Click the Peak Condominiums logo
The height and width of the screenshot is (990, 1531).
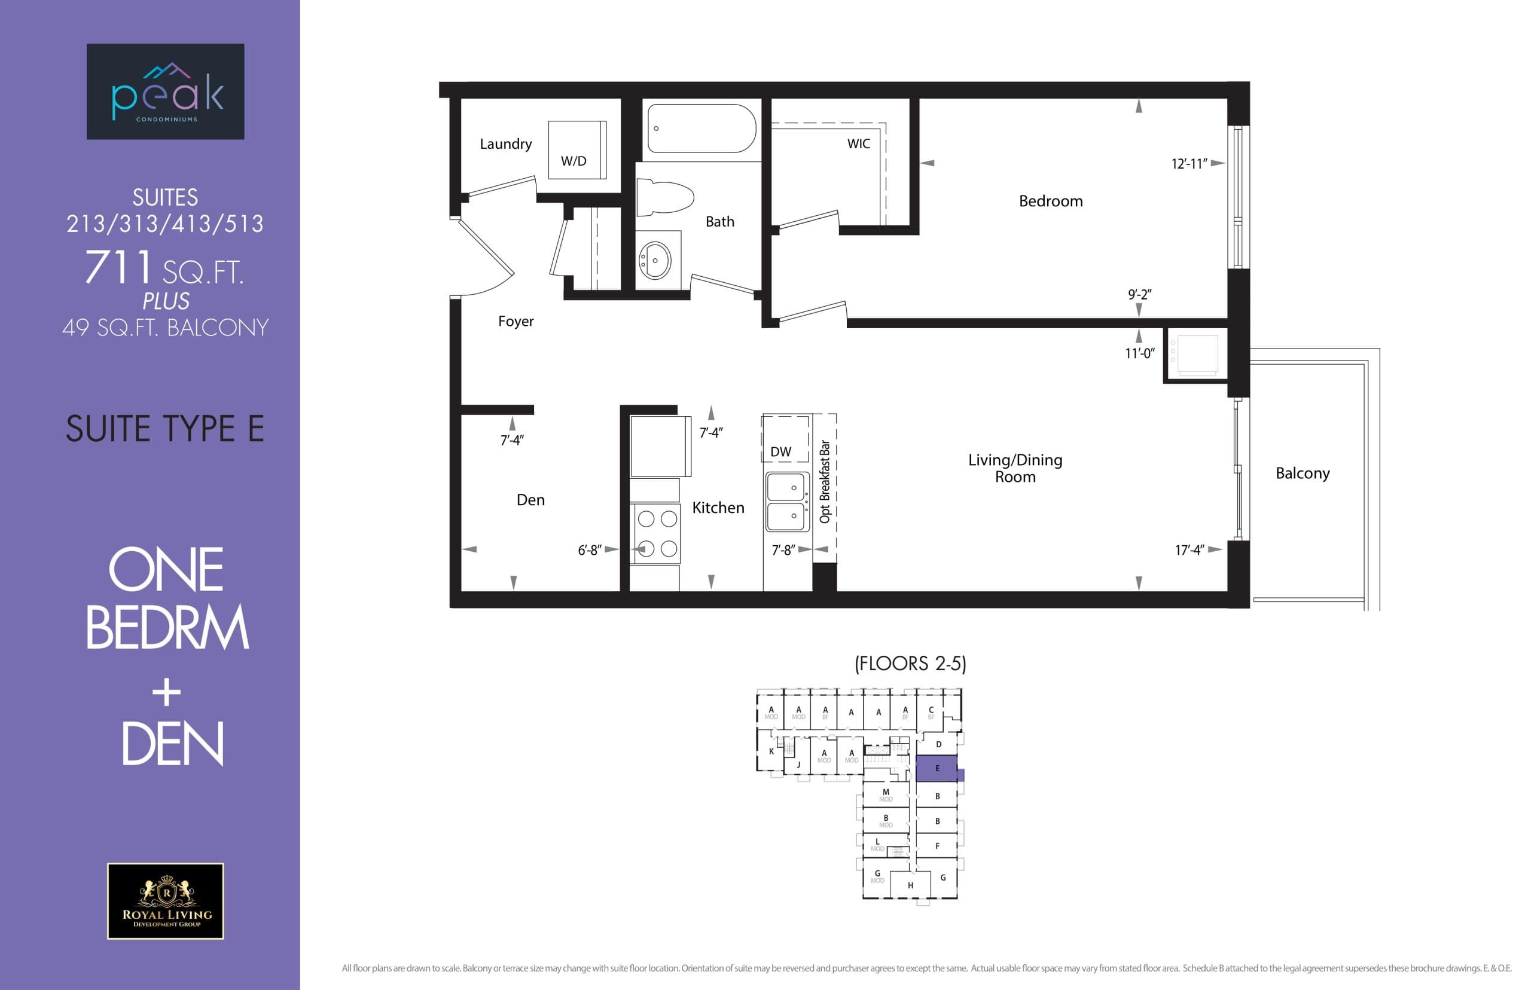[x=165, y=91]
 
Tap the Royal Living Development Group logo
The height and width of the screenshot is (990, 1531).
[x=165, y=901]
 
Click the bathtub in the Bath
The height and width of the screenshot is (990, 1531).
[x=701, y=129]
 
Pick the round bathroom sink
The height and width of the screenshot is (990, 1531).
[x=655, y=261]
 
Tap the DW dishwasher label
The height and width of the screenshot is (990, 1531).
[x=780, y=451]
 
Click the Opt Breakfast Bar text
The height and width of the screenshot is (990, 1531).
[x=824, y=481]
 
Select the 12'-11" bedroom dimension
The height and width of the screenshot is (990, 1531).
[x=1189, y=164]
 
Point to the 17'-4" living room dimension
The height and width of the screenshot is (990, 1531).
[x=1189, y=550]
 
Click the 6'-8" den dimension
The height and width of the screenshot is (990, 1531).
[x=589, y=550]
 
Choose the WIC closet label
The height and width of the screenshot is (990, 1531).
[x=858, y=144]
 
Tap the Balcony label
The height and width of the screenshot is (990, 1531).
[x=1302, y=473]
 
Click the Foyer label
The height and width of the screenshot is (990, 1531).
[x=516, y=321]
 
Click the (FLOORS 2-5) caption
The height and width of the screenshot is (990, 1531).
[x=910, y=664]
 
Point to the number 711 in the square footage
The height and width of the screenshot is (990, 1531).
[x=118, y=267]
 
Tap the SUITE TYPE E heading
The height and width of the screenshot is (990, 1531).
[x=165, y=429]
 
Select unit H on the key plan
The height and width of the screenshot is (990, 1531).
[x=910, y=885]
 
